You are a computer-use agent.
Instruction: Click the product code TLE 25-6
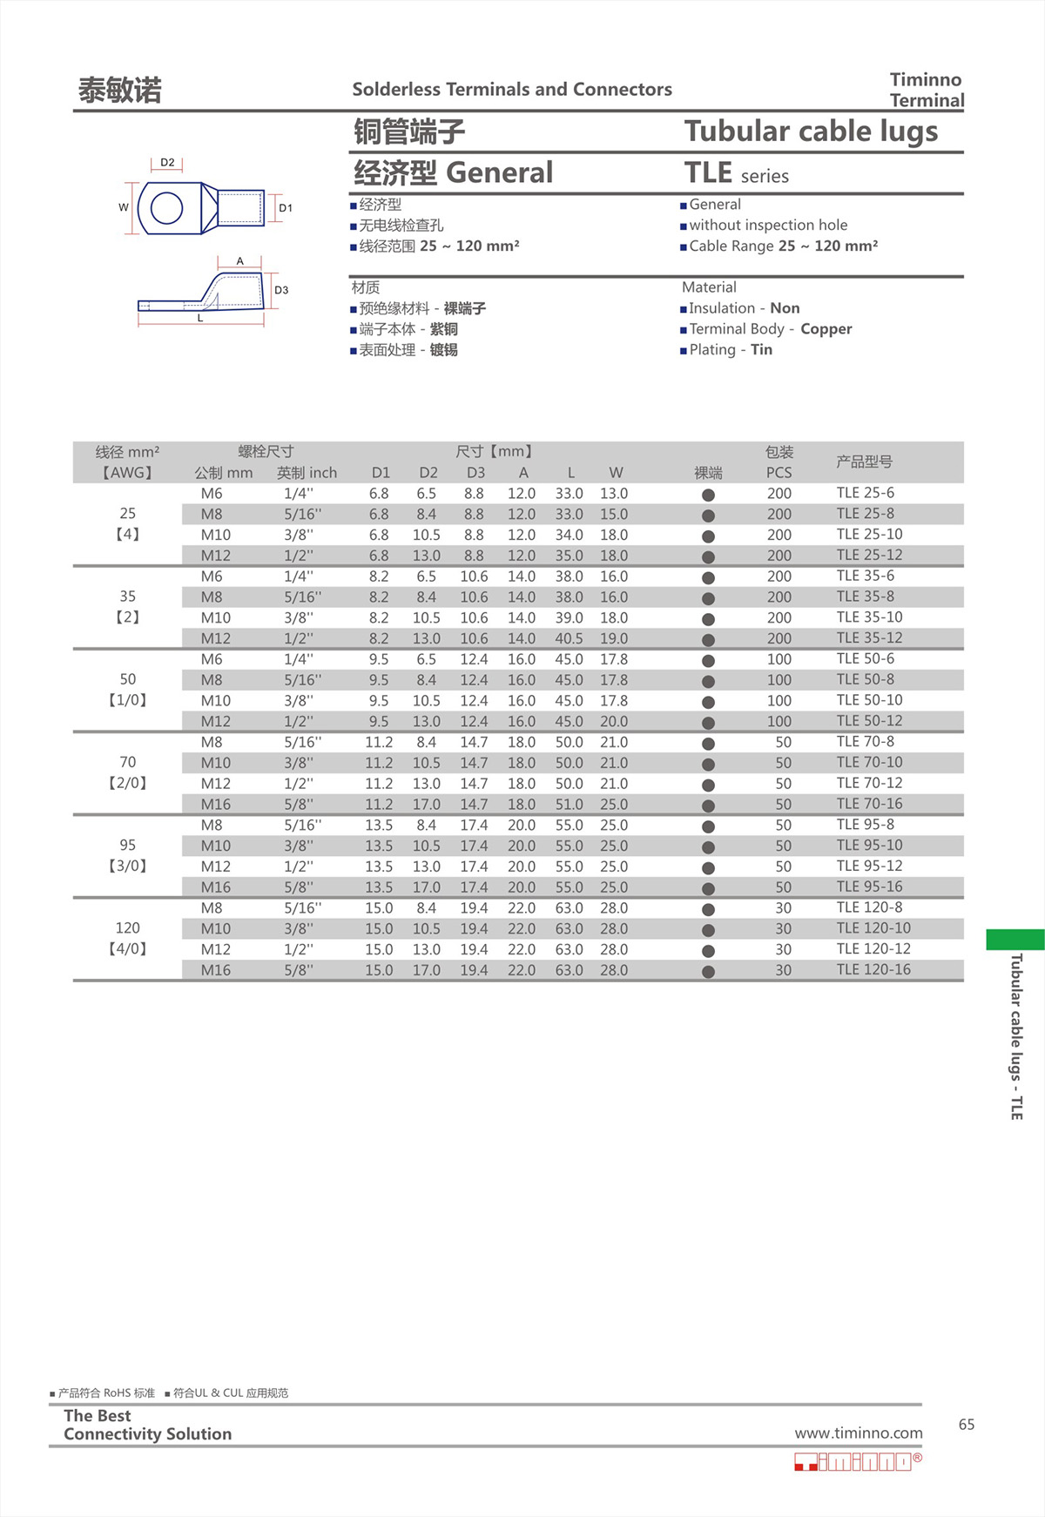[x=865, y=493]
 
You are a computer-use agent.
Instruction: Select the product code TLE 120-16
[x=873, y=969]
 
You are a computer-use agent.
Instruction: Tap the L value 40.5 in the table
[x=569, y=638]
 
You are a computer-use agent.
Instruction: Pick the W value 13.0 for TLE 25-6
[x=613, y=494]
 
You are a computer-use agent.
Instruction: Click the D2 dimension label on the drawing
[x=167, y=163]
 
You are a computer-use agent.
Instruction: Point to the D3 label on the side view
[x=281, y=290]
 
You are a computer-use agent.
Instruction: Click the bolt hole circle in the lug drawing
[x=166, y=208]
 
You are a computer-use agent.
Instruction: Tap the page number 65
[x=967, y=1425]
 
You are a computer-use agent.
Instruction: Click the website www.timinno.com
[x=858, y=1433]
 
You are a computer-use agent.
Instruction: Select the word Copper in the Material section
[x=826, y=329]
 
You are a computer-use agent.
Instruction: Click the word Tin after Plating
[x=761, y=350]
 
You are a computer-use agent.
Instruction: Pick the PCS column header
[x=779, y=473]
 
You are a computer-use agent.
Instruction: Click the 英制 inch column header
[x=307, y=473]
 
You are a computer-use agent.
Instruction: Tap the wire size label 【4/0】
[x=127, y=948]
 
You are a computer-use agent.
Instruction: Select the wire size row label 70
[x=127, y=762]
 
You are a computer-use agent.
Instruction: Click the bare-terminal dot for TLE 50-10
[x=708, y=702]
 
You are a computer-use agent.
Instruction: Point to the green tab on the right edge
[x=1015, y=940]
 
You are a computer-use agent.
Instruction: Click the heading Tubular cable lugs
[x=811, y=131]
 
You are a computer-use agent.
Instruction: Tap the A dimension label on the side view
[x=240, y=261]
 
